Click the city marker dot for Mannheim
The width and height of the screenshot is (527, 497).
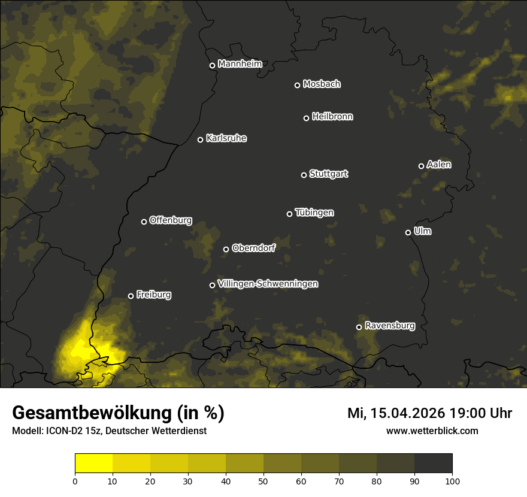click(x=212, y=66)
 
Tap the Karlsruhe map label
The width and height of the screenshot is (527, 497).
click(x=226, y=138)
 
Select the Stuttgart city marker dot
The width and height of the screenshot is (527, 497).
click(x=304, y=175)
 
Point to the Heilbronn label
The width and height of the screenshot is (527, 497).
click(x=332, y=117)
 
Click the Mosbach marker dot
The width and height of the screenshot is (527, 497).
click(x=297, y=85)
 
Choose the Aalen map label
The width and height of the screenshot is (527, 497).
click(x=439, y=165)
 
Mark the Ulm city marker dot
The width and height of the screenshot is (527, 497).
click(x=408, y=232)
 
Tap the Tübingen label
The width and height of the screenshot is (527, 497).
click(x=314, y=213)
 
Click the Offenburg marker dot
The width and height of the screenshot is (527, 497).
click(x=144, y=222)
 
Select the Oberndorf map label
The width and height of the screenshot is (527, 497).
click(x=253, y=248)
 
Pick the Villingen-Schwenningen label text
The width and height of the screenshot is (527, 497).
click(x=268, y=284)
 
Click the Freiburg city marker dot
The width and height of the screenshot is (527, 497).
click(x=131, y=296)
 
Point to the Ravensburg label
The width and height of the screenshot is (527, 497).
click(x=389, y=326)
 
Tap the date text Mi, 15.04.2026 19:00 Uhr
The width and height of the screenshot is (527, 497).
click(x=429, y=413)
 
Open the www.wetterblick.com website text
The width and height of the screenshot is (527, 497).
click(x=432, y=431)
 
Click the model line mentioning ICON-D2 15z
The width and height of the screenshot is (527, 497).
click(x=109, y=431)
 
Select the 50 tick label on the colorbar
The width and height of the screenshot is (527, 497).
click(x=263, y=480)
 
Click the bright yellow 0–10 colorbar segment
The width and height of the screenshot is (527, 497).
click(x=94, y=463)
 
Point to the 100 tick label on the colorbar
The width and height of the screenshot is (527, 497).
click(x=452, y=480)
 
